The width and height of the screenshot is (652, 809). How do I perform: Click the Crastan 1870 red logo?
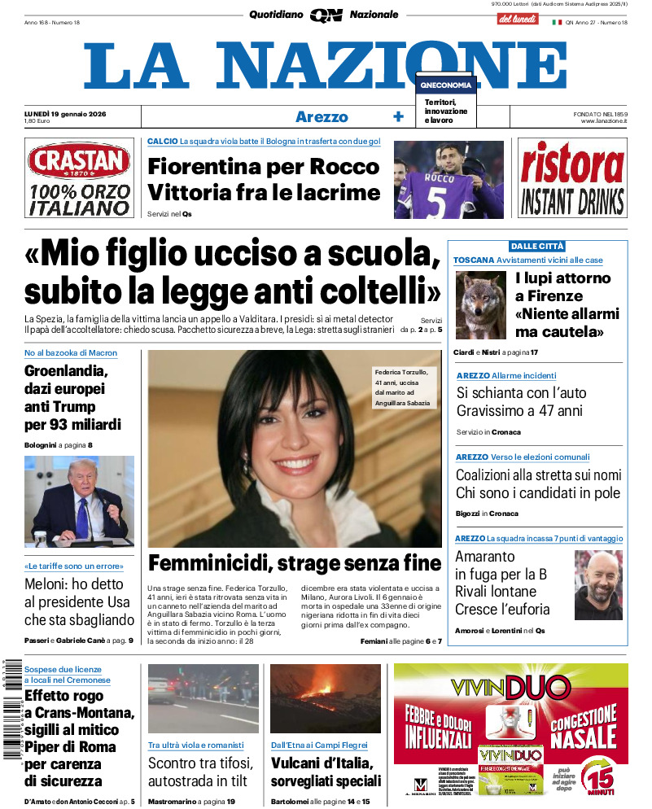[78, 160]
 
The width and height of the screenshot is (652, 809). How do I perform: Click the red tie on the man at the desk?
[81, 516]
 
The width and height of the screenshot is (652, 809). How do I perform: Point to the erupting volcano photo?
[325, 699]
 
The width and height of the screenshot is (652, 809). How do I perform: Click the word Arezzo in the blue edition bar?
[322, 116]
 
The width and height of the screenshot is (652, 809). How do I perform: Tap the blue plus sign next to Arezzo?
[398, 116]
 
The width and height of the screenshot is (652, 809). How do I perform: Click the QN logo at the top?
[326, 15]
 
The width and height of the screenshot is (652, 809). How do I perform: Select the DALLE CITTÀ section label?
[536, 246]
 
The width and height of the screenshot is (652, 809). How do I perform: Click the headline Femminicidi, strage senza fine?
[295, 563]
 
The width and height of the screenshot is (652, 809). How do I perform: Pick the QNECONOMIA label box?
[444, 85]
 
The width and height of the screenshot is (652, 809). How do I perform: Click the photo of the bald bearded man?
[597, 584]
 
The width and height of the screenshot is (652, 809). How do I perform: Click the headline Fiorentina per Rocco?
[263, 166]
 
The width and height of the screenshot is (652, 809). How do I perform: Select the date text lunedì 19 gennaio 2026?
[72, 112]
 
